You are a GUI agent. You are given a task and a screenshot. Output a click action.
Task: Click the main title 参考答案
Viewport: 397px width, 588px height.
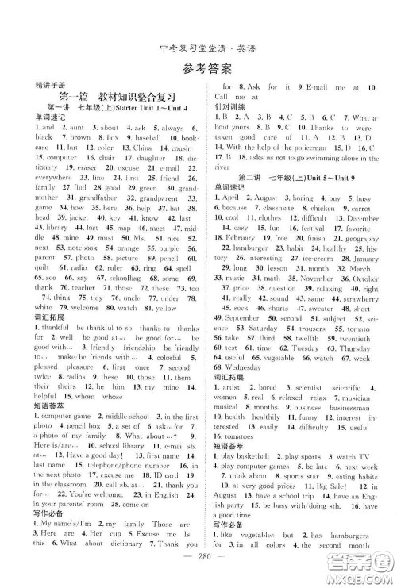pos(198,66)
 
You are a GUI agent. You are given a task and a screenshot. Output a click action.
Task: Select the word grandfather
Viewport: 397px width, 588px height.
pos(79,197)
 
